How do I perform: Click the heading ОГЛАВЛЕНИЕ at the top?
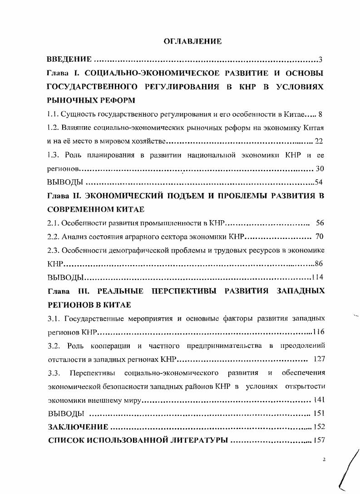[192, 42]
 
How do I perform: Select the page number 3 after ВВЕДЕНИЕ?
[321, 60]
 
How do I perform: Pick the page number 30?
[320, 168]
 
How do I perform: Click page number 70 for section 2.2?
[320, 237]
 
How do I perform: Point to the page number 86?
[320, 264]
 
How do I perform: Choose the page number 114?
[318, 277]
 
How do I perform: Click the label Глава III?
[67, 291]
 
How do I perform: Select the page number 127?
[319, 360]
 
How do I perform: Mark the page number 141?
[319, 400]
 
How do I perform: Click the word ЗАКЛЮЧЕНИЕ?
[78, 427]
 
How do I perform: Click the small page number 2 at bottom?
[324, 459]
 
